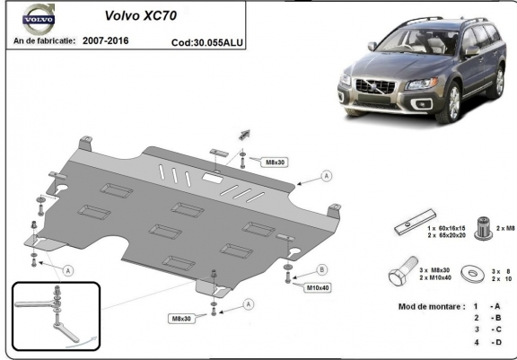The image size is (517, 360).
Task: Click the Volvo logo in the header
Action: pos(39,19)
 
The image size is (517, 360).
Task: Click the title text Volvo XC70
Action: pos(141,15)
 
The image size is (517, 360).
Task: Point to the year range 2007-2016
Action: pos(106,41)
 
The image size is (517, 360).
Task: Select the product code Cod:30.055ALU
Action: pos(207,42)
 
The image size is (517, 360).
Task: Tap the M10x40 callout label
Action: pos(318,288)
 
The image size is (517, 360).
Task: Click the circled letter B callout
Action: pos(322,270)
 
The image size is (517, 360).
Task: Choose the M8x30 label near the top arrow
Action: pos(275,162)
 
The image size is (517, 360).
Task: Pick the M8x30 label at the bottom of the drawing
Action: pos(181,319)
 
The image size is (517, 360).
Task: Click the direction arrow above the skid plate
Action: pos(244,135)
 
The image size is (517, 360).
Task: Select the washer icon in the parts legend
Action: pos(473,273)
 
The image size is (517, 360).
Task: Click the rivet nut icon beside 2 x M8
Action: pos(484,228)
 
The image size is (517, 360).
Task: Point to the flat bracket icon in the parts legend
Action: pos(415,223)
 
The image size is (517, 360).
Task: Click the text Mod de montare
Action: pos(432,307)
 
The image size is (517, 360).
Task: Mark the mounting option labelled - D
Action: pos(495,342)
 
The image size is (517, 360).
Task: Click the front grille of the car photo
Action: pos(375,87)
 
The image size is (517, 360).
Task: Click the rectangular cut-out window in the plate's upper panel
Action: pos(213,178)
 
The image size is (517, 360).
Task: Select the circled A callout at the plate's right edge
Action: pos(327,176)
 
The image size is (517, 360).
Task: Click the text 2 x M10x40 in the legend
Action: pos(435,278)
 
